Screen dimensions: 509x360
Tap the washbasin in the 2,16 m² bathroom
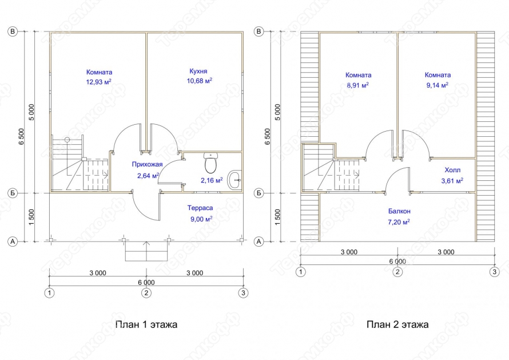[234, 180]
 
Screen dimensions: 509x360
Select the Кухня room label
[198, 71]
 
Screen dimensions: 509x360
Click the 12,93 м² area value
[99, 81]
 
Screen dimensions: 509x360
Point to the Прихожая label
[147, 164]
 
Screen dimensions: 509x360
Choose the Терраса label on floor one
[200, 208]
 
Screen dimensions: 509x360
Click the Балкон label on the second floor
[399, 211]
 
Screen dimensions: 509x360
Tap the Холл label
[452, 170]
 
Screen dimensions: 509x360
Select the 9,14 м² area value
[438, 85]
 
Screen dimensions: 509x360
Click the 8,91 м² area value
[358, 85]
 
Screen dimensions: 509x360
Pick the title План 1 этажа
[146, 325]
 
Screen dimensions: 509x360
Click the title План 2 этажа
[397, 325]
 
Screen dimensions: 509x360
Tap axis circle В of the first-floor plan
[13, 31]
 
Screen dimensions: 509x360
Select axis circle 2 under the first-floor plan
[146, 293]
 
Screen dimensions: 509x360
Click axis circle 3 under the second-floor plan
[494, 272]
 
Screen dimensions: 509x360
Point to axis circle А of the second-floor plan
[259, 242]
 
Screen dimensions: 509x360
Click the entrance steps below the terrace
[146, 251]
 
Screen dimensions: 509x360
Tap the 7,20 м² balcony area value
[399, 222]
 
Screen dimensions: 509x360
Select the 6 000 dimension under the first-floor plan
[146, 282]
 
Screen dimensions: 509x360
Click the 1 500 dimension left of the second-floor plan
[277, 217]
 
